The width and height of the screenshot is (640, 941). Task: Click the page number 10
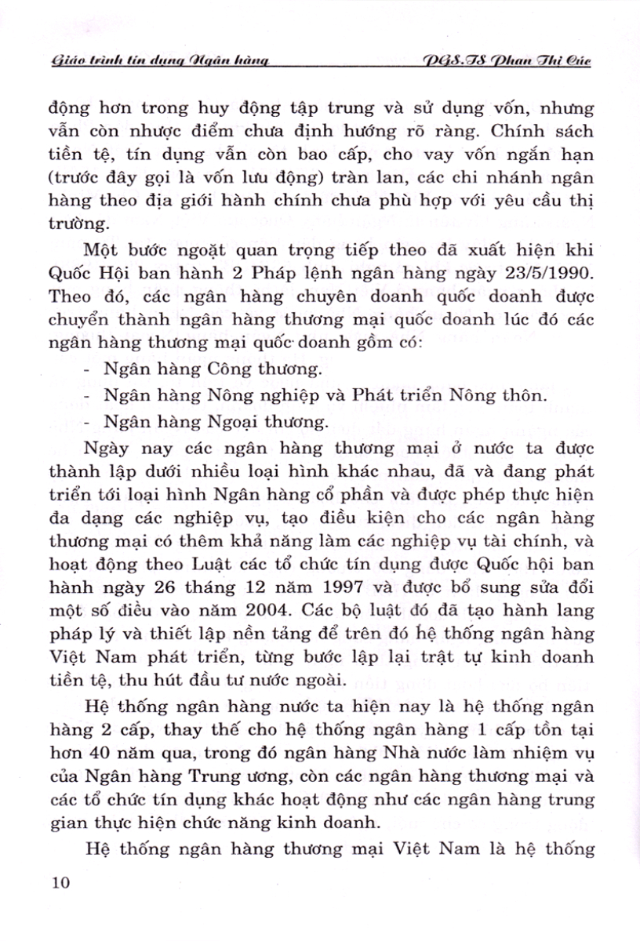[59, 883]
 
